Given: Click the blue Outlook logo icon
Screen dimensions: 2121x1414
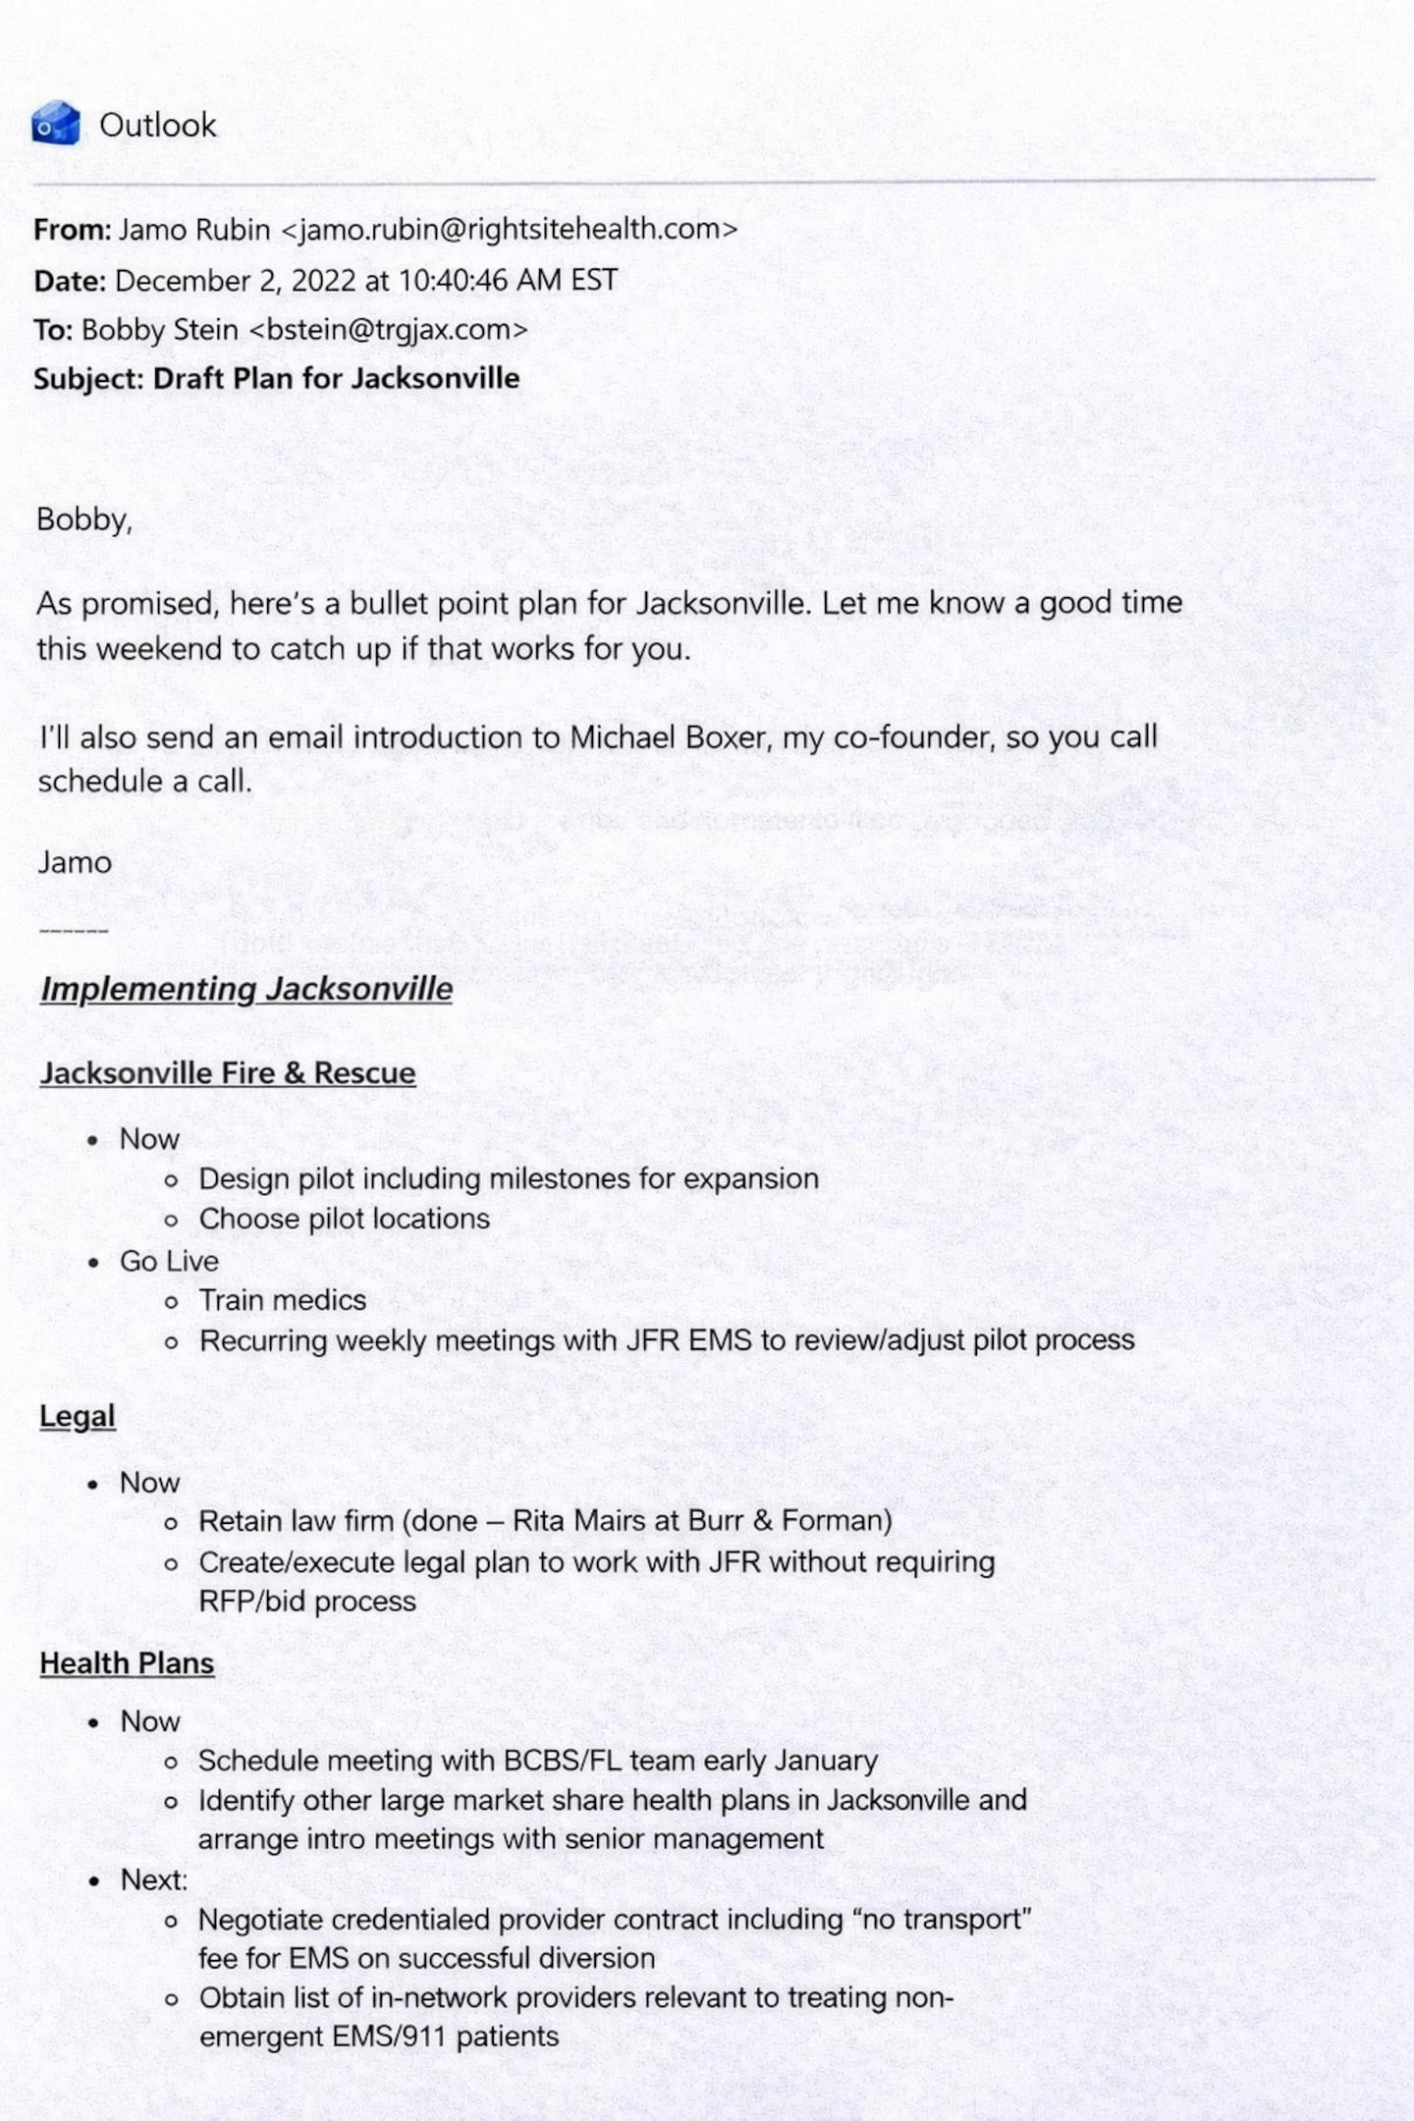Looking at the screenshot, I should [55, 124].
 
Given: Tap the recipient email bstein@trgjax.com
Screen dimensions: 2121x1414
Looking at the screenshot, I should [388, 330].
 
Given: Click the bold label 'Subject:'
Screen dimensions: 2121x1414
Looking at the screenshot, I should [89, 379].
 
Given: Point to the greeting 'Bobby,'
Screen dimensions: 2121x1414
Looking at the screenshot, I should [84, 519].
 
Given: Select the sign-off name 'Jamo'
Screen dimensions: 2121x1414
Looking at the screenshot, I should [75, 863].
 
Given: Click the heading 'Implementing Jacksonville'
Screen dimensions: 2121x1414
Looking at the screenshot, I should [246, 989].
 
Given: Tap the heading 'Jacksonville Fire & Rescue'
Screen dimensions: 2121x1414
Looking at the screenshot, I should [228, 1073].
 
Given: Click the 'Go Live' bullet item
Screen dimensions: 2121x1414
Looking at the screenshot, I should [169, 1261].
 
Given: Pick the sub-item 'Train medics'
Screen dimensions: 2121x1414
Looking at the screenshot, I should [283, 1301].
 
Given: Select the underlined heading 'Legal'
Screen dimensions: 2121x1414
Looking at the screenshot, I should [78, 1416].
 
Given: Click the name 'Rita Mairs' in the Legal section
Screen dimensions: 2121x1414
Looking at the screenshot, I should [577, 1521].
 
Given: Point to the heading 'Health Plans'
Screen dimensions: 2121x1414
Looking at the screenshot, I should [127, 1663].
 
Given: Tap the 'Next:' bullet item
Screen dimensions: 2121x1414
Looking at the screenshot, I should [154, 1879].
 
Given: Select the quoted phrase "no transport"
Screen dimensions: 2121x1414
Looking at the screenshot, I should [946, 1919].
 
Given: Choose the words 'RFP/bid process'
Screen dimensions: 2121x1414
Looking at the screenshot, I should [307, 1602].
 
